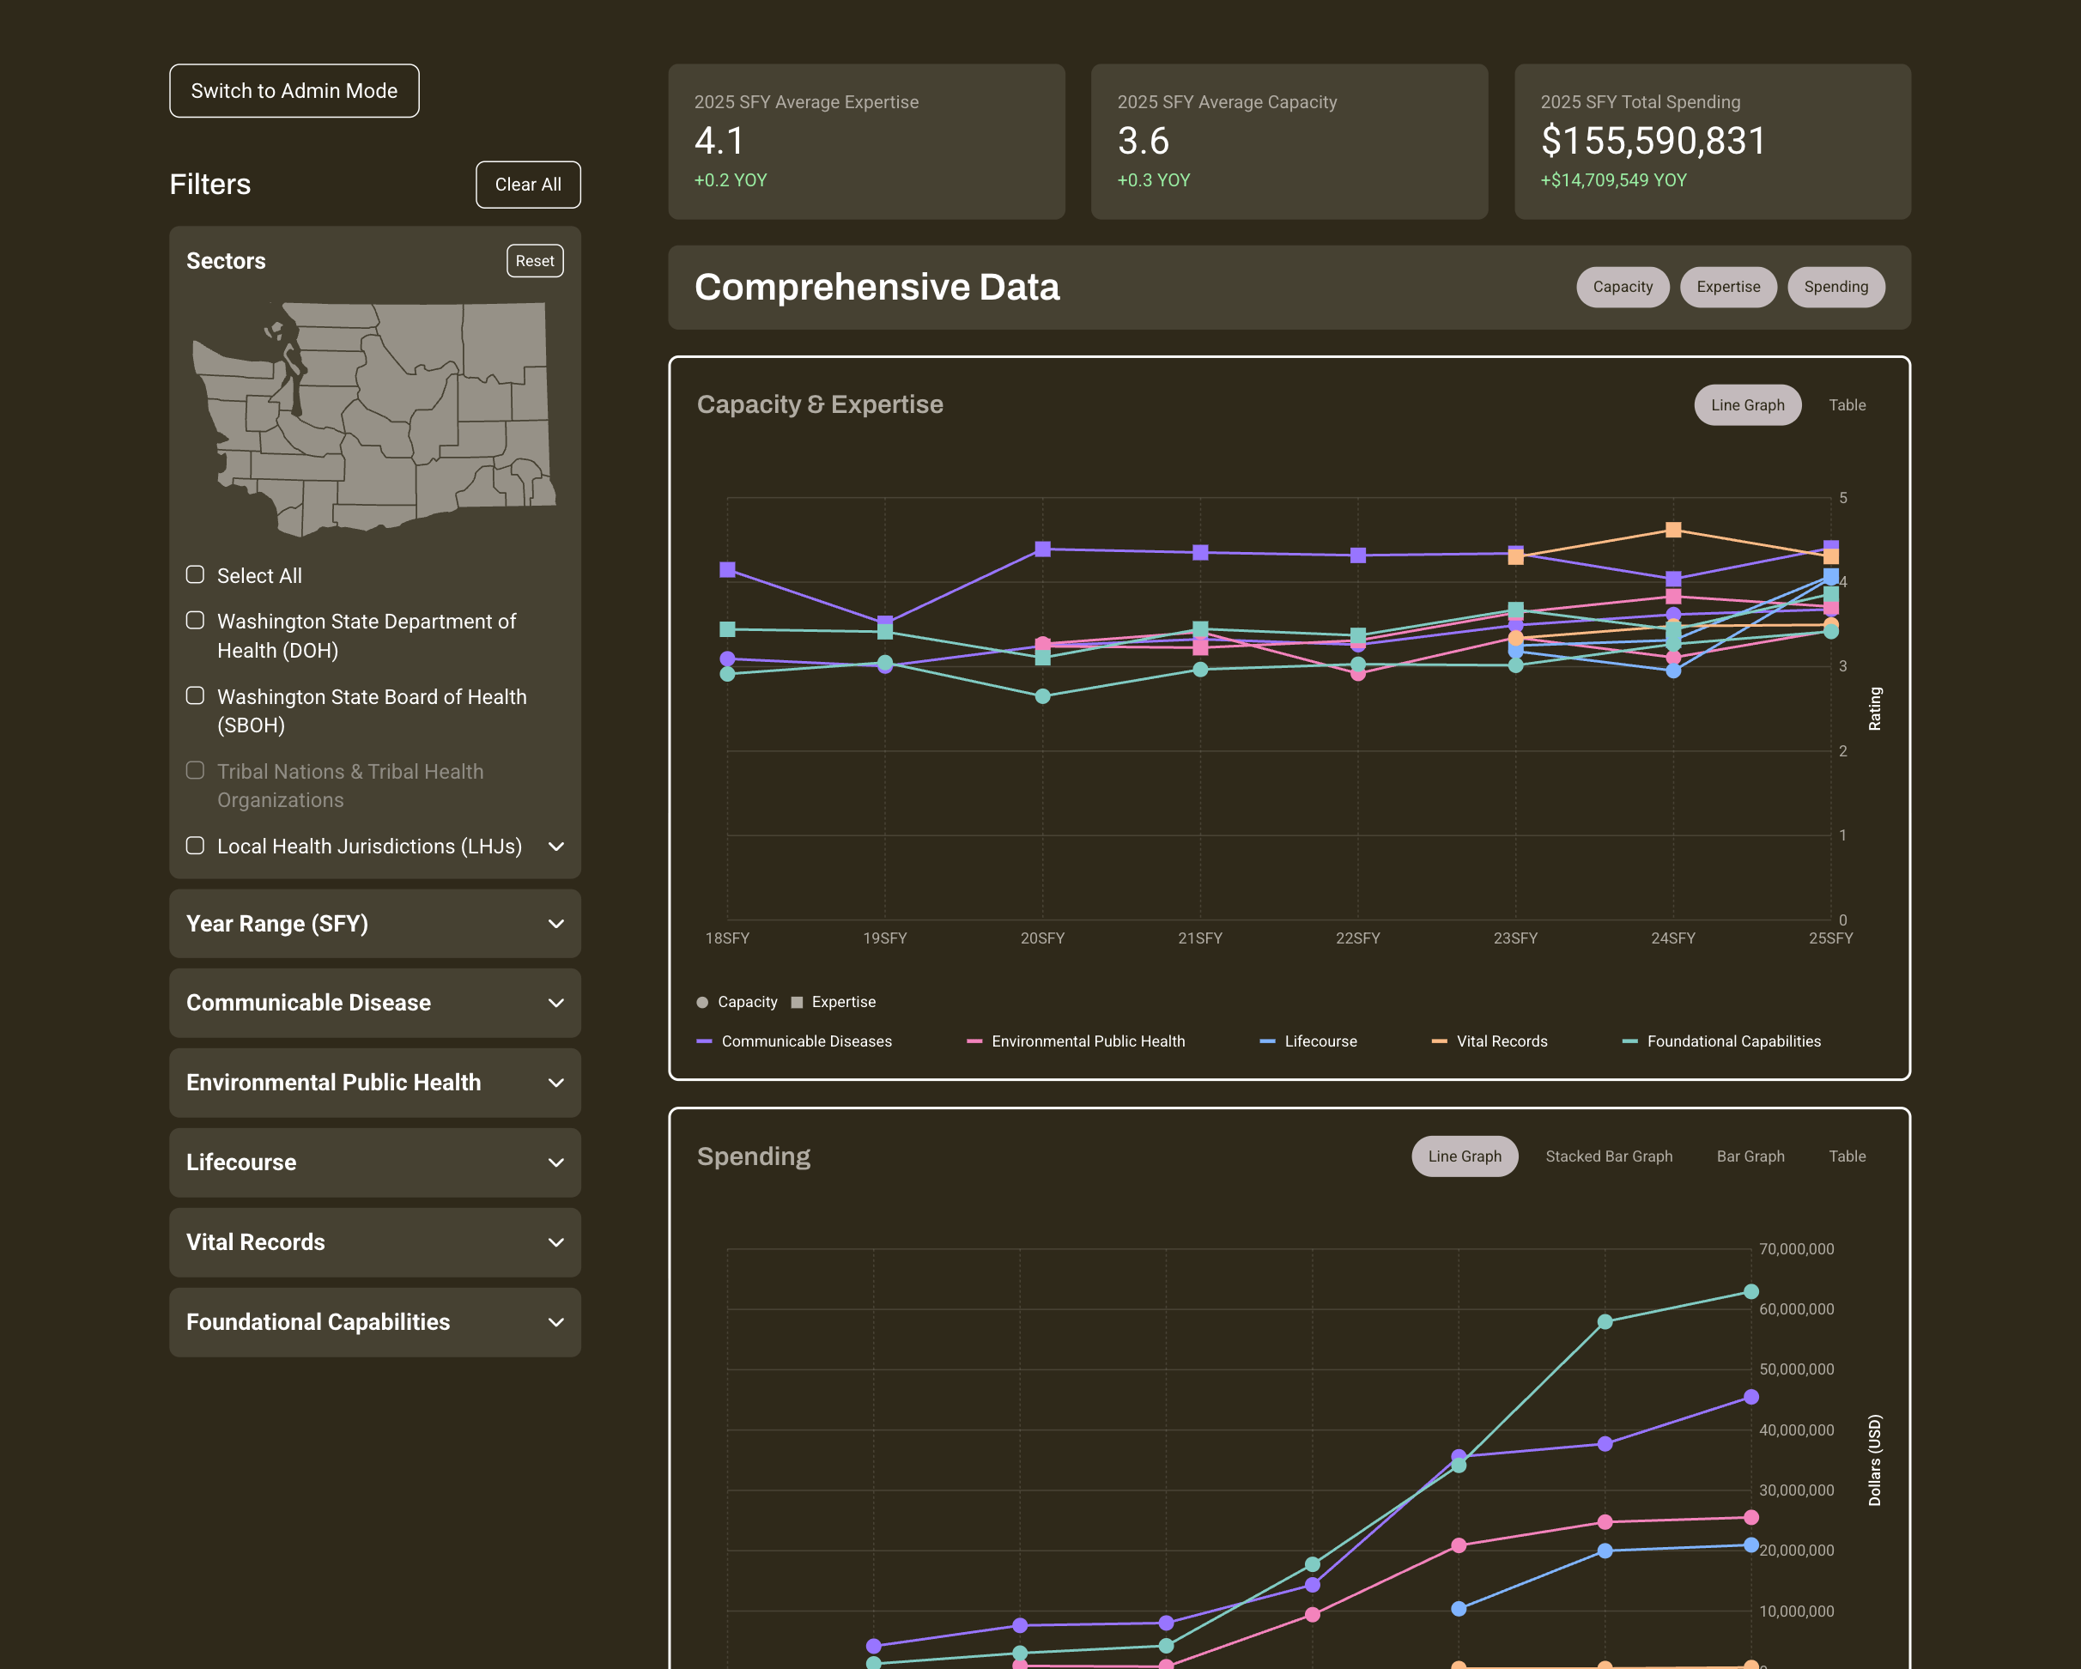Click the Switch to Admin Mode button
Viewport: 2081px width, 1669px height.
coord(294,91)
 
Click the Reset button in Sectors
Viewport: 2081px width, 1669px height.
coord(535,261)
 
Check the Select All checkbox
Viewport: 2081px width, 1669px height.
coord(195,575)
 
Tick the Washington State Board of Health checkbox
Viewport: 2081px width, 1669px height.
coord(195,696)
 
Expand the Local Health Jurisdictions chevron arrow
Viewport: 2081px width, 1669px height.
coord(556,847)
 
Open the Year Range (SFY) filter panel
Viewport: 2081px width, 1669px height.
coord(374,924)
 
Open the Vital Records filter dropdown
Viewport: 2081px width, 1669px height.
coord(374,1242)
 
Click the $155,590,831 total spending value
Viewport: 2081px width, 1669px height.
coord(1653,141)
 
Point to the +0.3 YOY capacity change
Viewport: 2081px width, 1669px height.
coord(1154,180)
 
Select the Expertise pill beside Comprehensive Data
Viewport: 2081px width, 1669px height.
coord(1728,287)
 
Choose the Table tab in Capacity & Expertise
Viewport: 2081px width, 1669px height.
coord(1847,405)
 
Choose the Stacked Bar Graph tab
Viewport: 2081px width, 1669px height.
coord(1608,1156)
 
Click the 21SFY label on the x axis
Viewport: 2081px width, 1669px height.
coord(1200,938)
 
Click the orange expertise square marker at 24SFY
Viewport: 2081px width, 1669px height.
coord(1672,530)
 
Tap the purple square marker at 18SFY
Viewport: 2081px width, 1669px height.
coord(728,569)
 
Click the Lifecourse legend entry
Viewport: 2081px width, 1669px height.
coord(1320,1041)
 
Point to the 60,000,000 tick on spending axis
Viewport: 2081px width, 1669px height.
coord(1795,1309)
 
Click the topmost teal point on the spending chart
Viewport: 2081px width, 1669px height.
coord(1750,1291)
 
